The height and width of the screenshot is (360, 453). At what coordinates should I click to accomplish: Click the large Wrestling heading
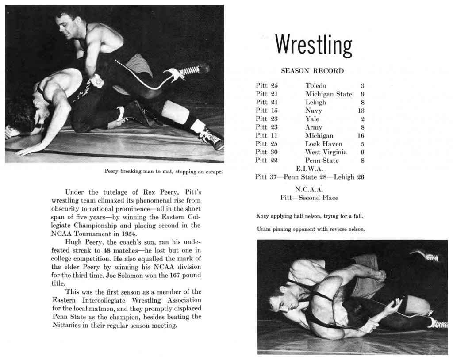tap(313, 45)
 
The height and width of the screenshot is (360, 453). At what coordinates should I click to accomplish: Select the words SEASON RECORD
tap(312, 71)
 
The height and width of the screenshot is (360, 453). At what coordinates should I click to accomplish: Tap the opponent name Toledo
tap(315, 85)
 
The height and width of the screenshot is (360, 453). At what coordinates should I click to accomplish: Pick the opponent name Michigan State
tap(329, 94)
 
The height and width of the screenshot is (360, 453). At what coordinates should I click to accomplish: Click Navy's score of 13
tap(361, 111)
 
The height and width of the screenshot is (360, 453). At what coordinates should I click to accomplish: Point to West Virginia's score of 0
tap(362, 152)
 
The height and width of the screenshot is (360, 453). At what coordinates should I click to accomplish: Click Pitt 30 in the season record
tap(266, 152)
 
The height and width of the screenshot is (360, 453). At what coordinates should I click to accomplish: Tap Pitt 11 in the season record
tap(266, 135)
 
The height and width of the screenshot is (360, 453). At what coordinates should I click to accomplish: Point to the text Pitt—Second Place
tap(309, 198)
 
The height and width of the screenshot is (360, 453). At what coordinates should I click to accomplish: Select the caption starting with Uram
tap(310, 229)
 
